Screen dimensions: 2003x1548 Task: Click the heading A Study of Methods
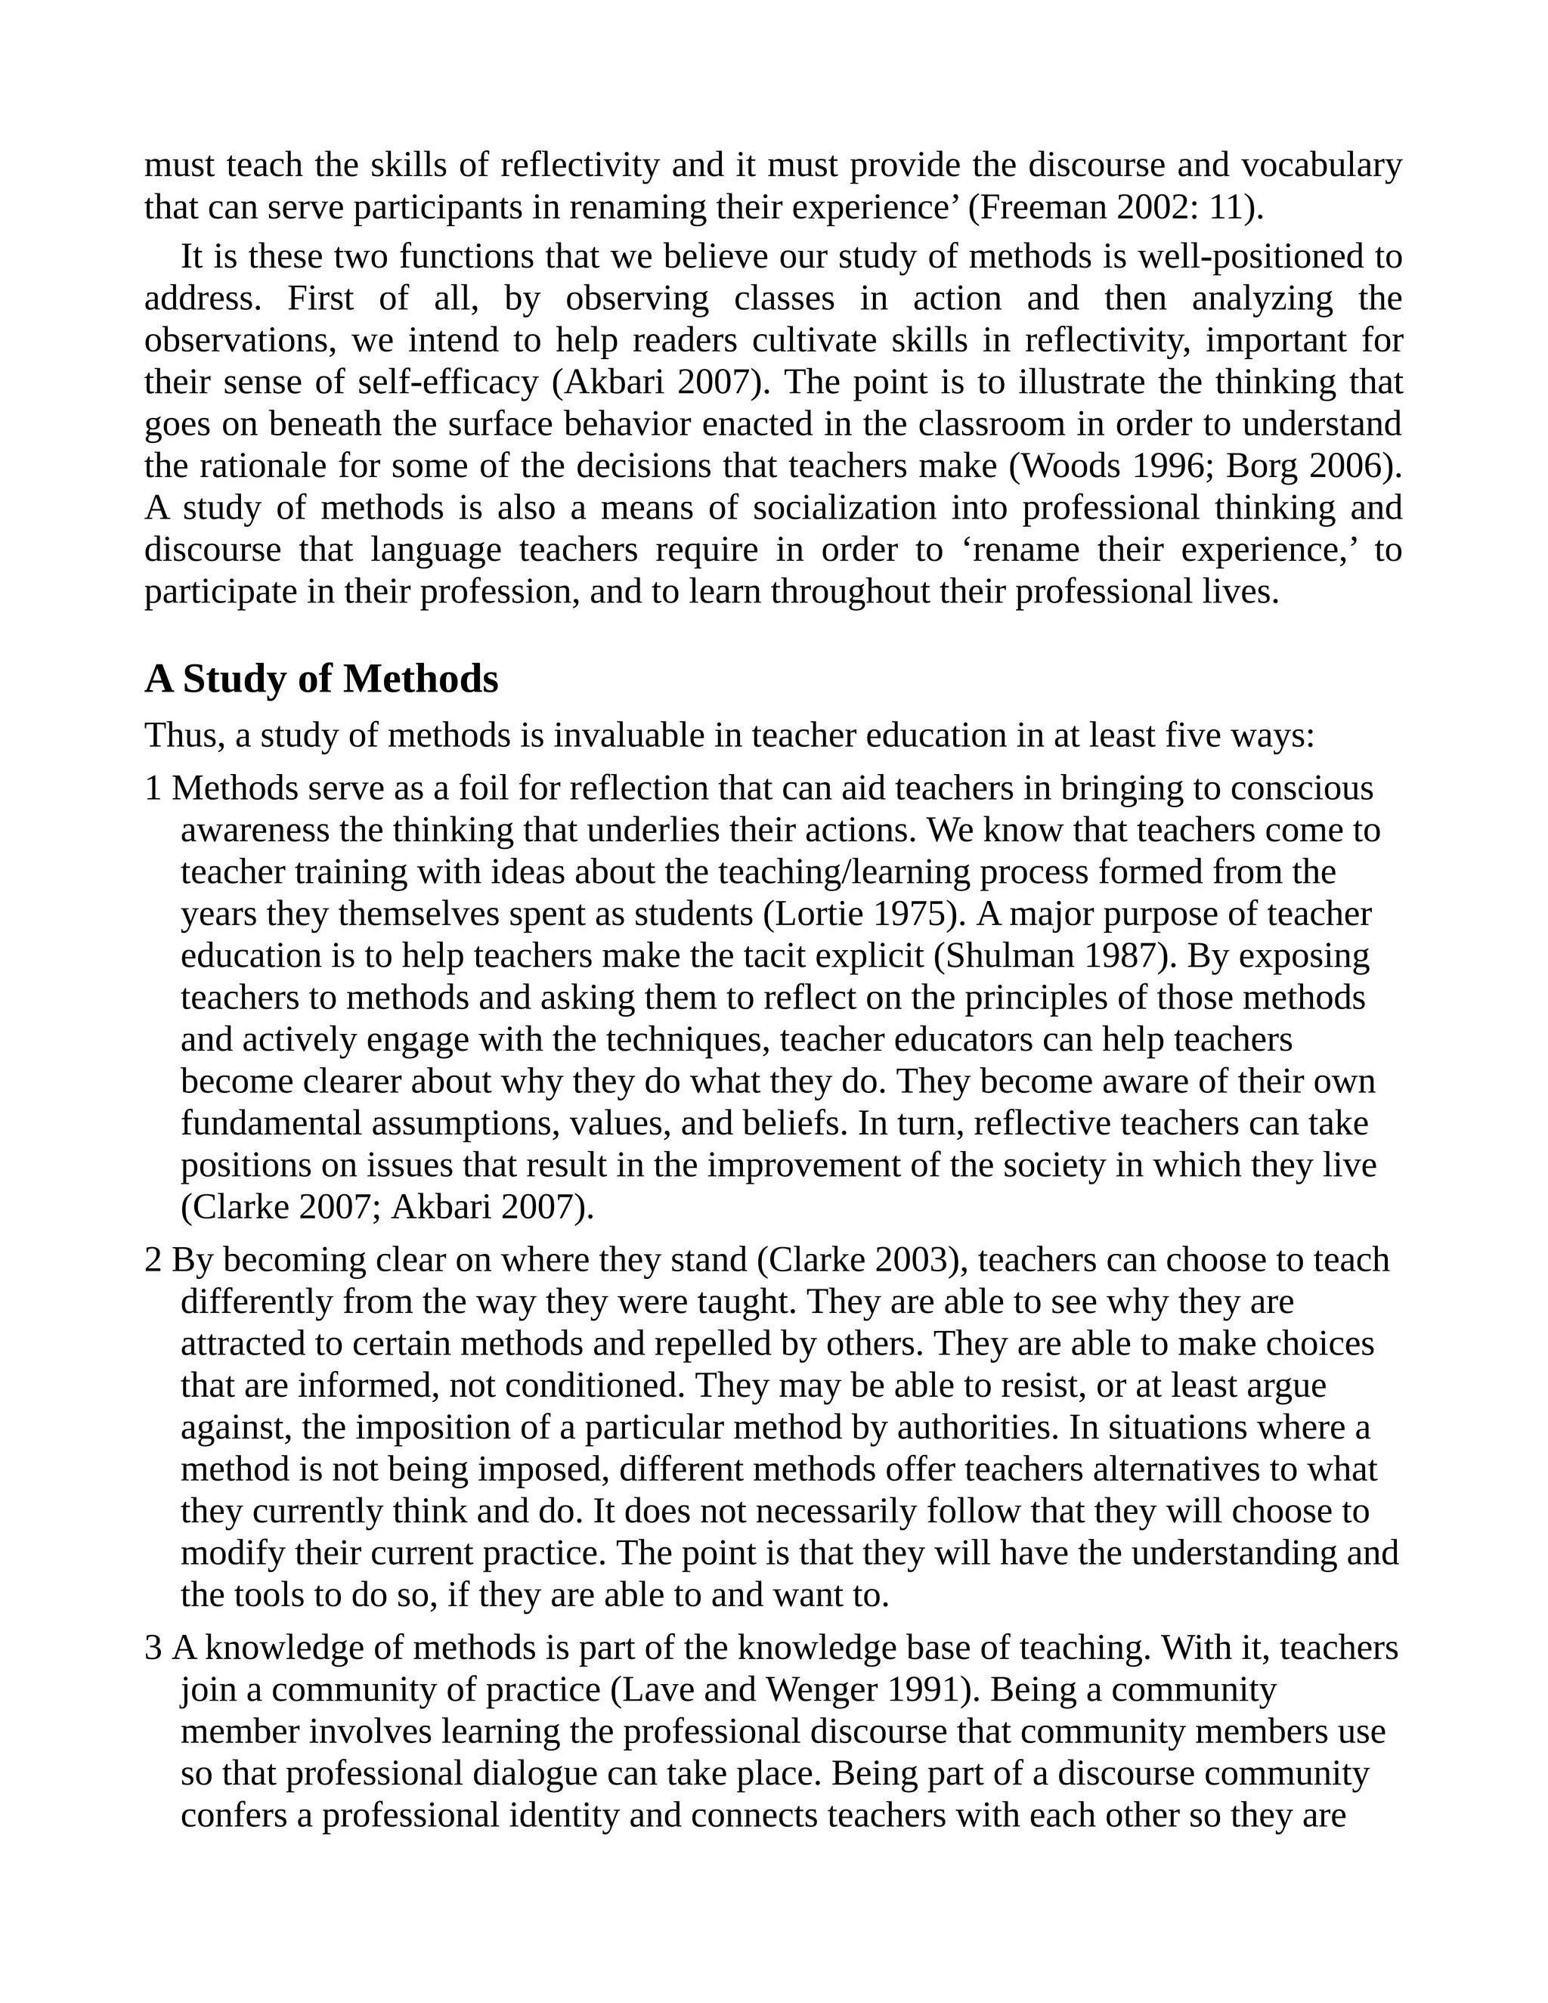point(321,680)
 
